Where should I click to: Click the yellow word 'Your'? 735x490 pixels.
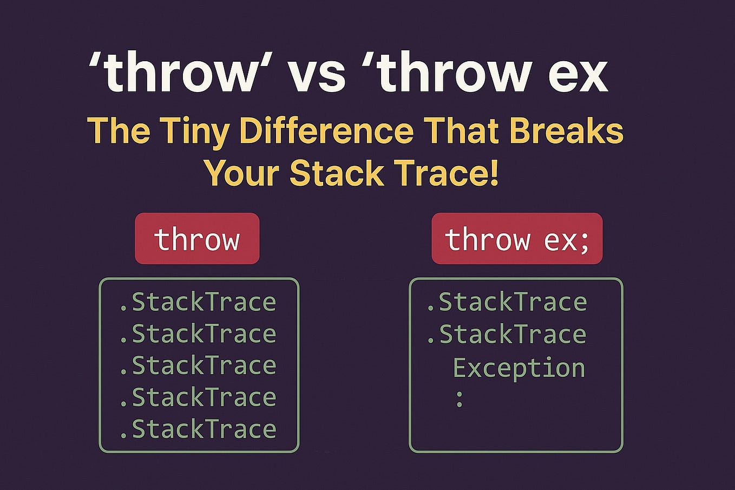point(241,173)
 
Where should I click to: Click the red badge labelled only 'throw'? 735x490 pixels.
point(197,239)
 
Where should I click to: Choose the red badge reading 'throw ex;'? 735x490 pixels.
point(516,239)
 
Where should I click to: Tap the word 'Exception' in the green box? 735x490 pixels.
point(519,368)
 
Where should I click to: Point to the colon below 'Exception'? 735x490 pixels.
point(459,400)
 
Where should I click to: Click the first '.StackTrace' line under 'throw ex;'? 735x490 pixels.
point(506,302)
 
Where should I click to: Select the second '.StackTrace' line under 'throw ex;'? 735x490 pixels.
point(506,334)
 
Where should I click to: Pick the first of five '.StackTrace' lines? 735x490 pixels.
point(198,302)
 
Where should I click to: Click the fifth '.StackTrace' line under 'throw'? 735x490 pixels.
point(198,429)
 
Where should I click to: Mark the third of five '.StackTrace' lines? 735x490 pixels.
point(198,365)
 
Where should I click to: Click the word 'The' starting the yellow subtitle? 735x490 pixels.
point(118,131)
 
